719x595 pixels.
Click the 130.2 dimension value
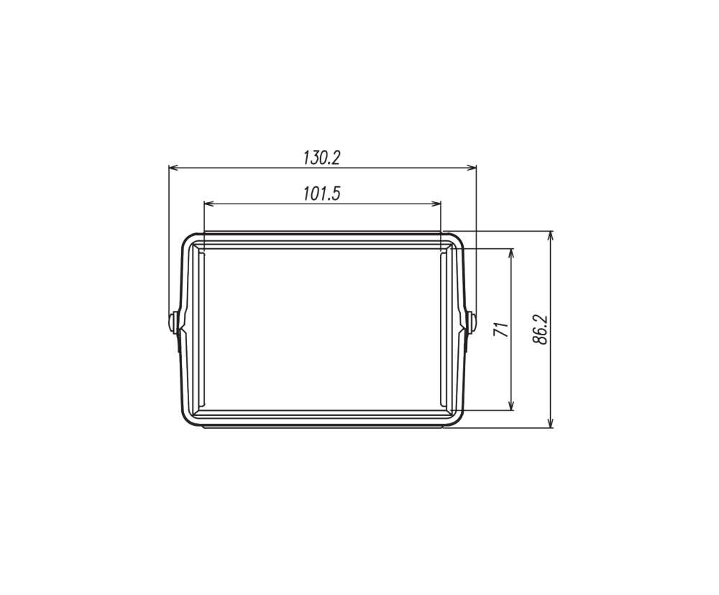(322, 158)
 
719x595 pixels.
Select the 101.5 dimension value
(322, 194)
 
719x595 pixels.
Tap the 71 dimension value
(502, 330)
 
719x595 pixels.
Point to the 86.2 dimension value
(541, 330)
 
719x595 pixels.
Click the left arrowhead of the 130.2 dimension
(173, 168)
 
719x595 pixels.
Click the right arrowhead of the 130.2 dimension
(472, 168)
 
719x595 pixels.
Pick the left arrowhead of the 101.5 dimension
(209, 204)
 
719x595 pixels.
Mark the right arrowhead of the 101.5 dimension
(436, 204)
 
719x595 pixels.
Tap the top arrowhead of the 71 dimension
(511, 254)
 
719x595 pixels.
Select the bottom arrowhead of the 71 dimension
(511, 405)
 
